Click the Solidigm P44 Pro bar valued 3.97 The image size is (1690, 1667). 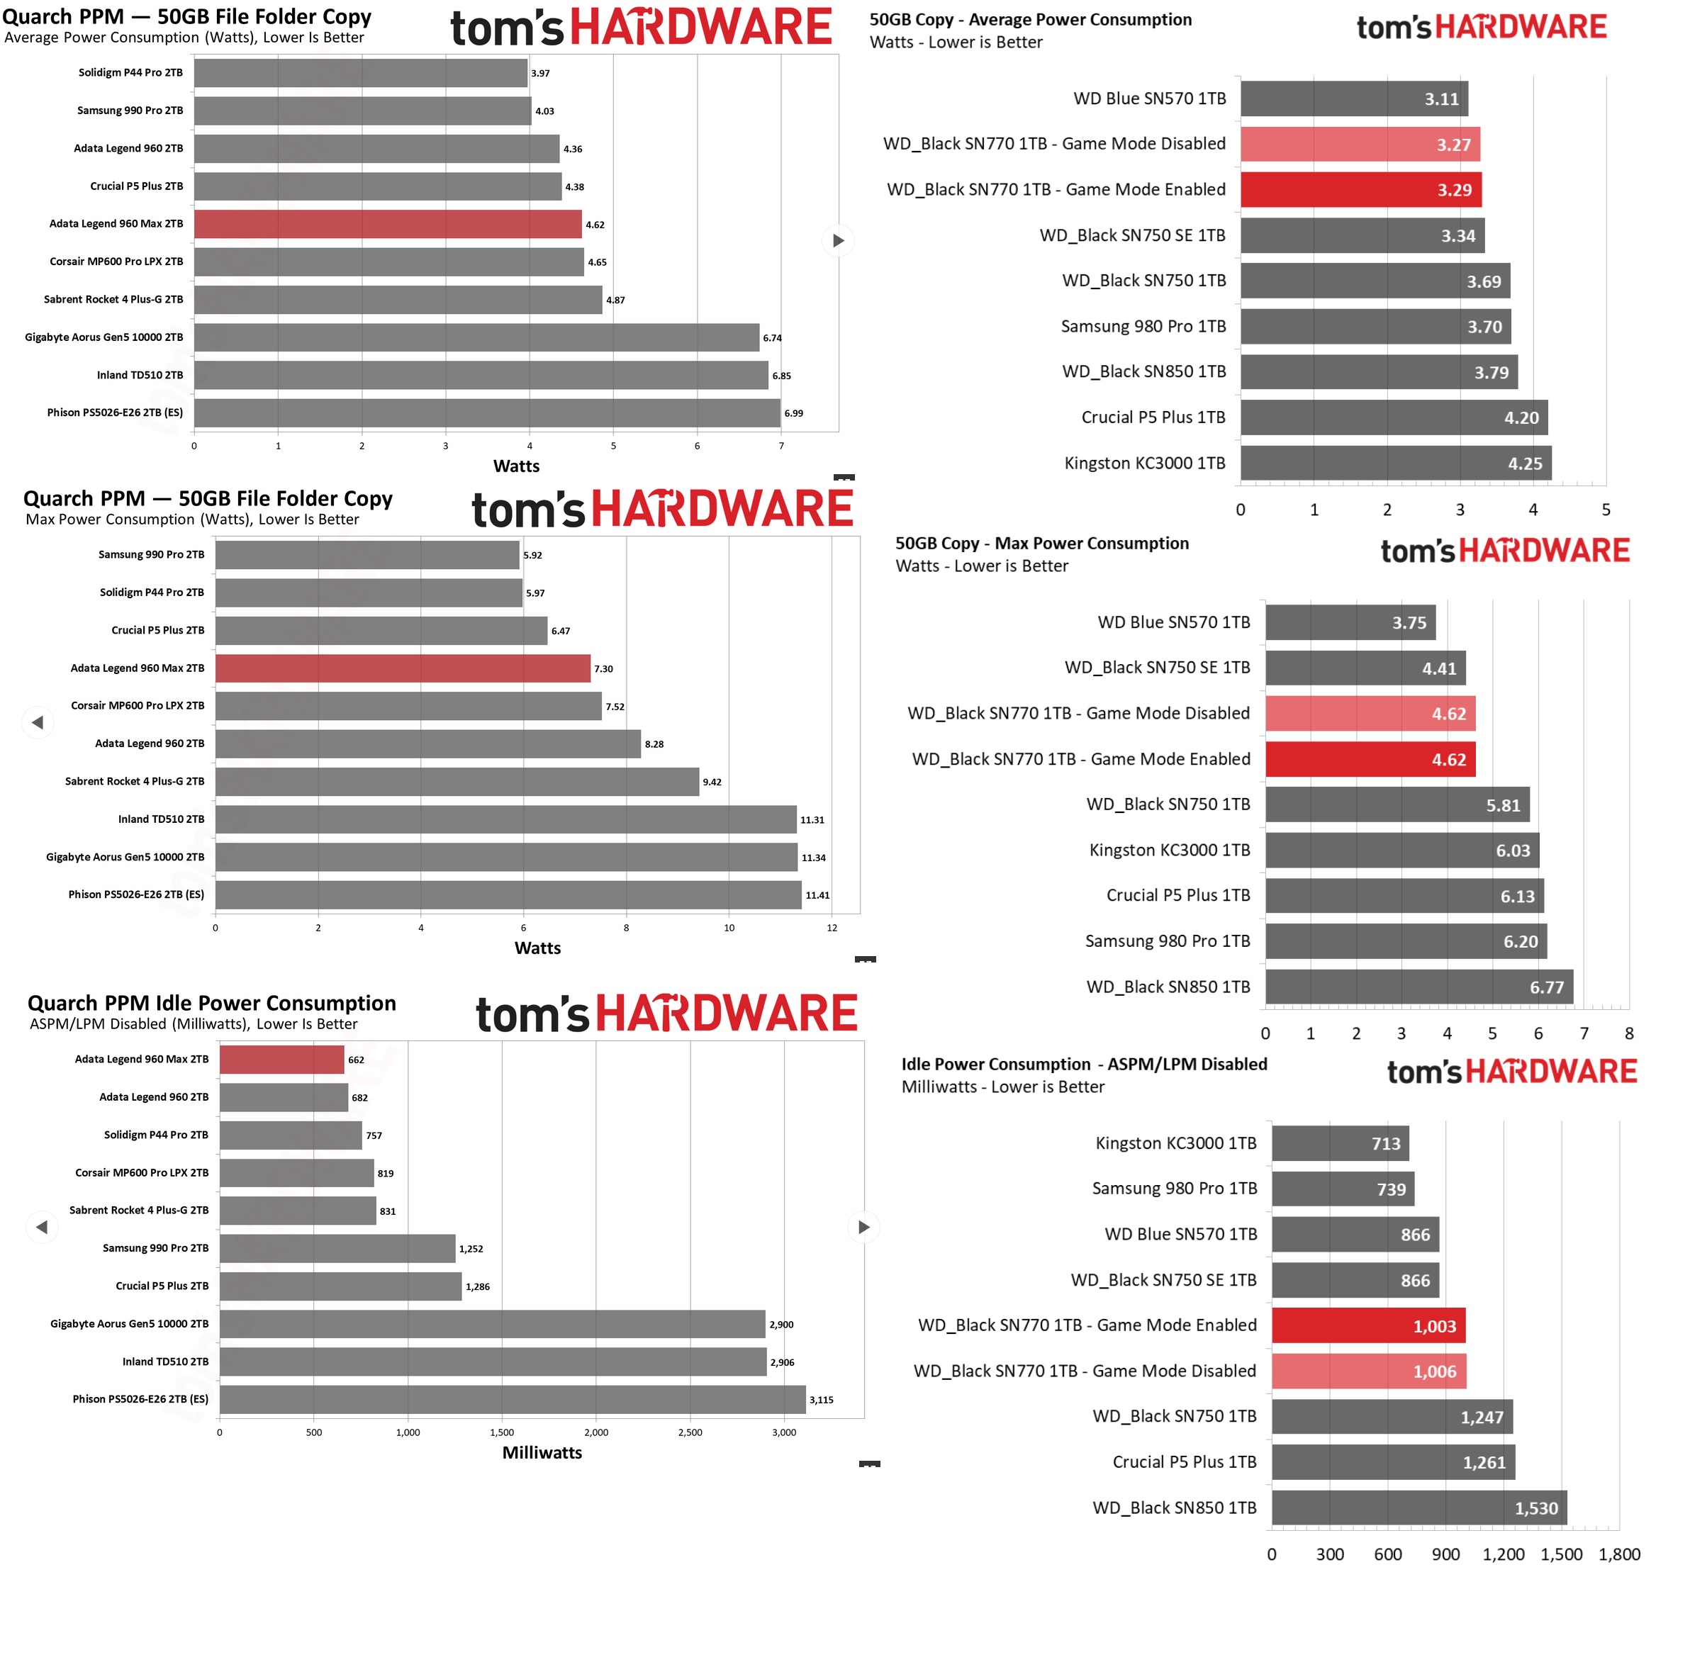point(360,74)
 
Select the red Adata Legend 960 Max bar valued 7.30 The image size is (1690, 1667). point(403,668)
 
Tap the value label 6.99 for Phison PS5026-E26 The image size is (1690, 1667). point(793,414)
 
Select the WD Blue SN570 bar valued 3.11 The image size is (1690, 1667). point(1353,99)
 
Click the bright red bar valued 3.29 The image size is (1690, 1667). point(1360,190)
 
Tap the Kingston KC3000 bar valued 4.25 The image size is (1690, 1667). point(1395,464)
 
